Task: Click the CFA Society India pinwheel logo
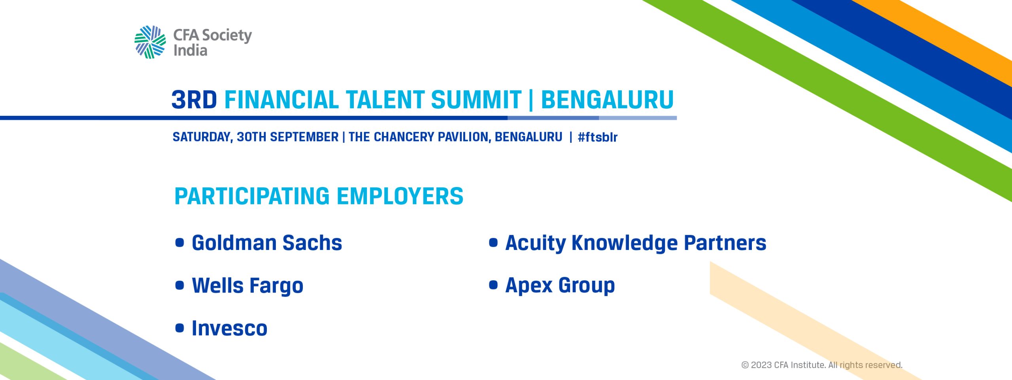click(x=150, y=42)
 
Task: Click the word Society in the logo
click(x=227, y=36)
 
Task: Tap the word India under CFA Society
click(x=190, y=51)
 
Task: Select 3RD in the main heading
click(x=194, y=99)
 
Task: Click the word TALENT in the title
click(x=385, y=99)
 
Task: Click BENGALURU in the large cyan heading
click(x=607, y=99)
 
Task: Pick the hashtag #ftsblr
click(x=597, y=137)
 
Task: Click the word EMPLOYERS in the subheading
click(x=400, y=196)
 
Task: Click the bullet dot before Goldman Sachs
click(x=180, y=242)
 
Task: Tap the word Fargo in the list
click(x=276, y=286)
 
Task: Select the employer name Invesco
click(x=230, y=328)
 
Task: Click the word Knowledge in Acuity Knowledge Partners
click(x=625, y=243)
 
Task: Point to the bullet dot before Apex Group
click(x=493, y=285)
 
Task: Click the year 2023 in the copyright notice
click(x=761, y=365)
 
